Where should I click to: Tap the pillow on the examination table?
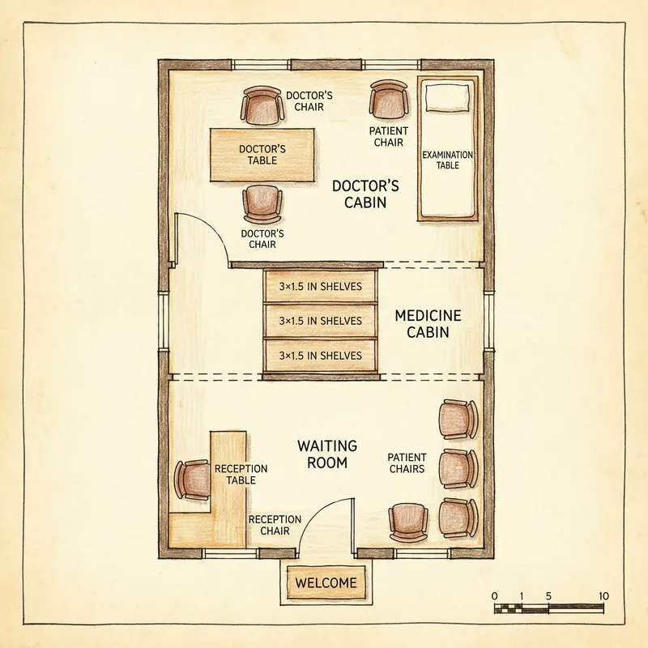(446, 99)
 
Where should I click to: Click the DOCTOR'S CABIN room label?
(359, 194)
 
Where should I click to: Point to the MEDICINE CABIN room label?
(428, 323)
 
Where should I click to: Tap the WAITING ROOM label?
(322, 454)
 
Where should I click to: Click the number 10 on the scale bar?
(603, 596)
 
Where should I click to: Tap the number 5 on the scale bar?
(549, 596)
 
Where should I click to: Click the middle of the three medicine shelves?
(321, 321)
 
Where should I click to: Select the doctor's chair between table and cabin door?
(262, 205)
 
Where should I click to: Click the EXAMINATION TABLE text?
(447, 160)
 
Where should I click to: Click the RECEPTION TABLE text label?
(241, 475)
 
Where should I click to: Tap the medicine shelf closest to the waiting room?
(321, 356)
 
